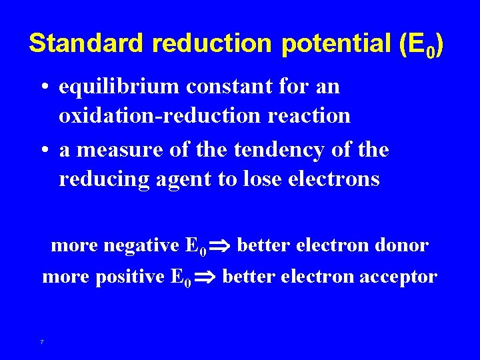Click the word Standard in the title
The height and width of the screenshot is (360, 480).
(x=86, y=43)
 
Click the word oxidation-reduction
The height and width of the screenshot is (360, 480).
(x=158, y=115)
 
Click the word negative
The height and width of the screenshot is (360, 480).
(x=139, y=245)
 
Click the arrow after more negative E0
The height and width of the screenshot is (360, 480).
(x=221, y=247)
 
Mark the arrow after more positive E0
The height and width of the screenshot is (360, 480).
(x=206, y=277)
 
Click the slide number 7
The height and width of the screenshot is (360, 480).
(x=42, y=342)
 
